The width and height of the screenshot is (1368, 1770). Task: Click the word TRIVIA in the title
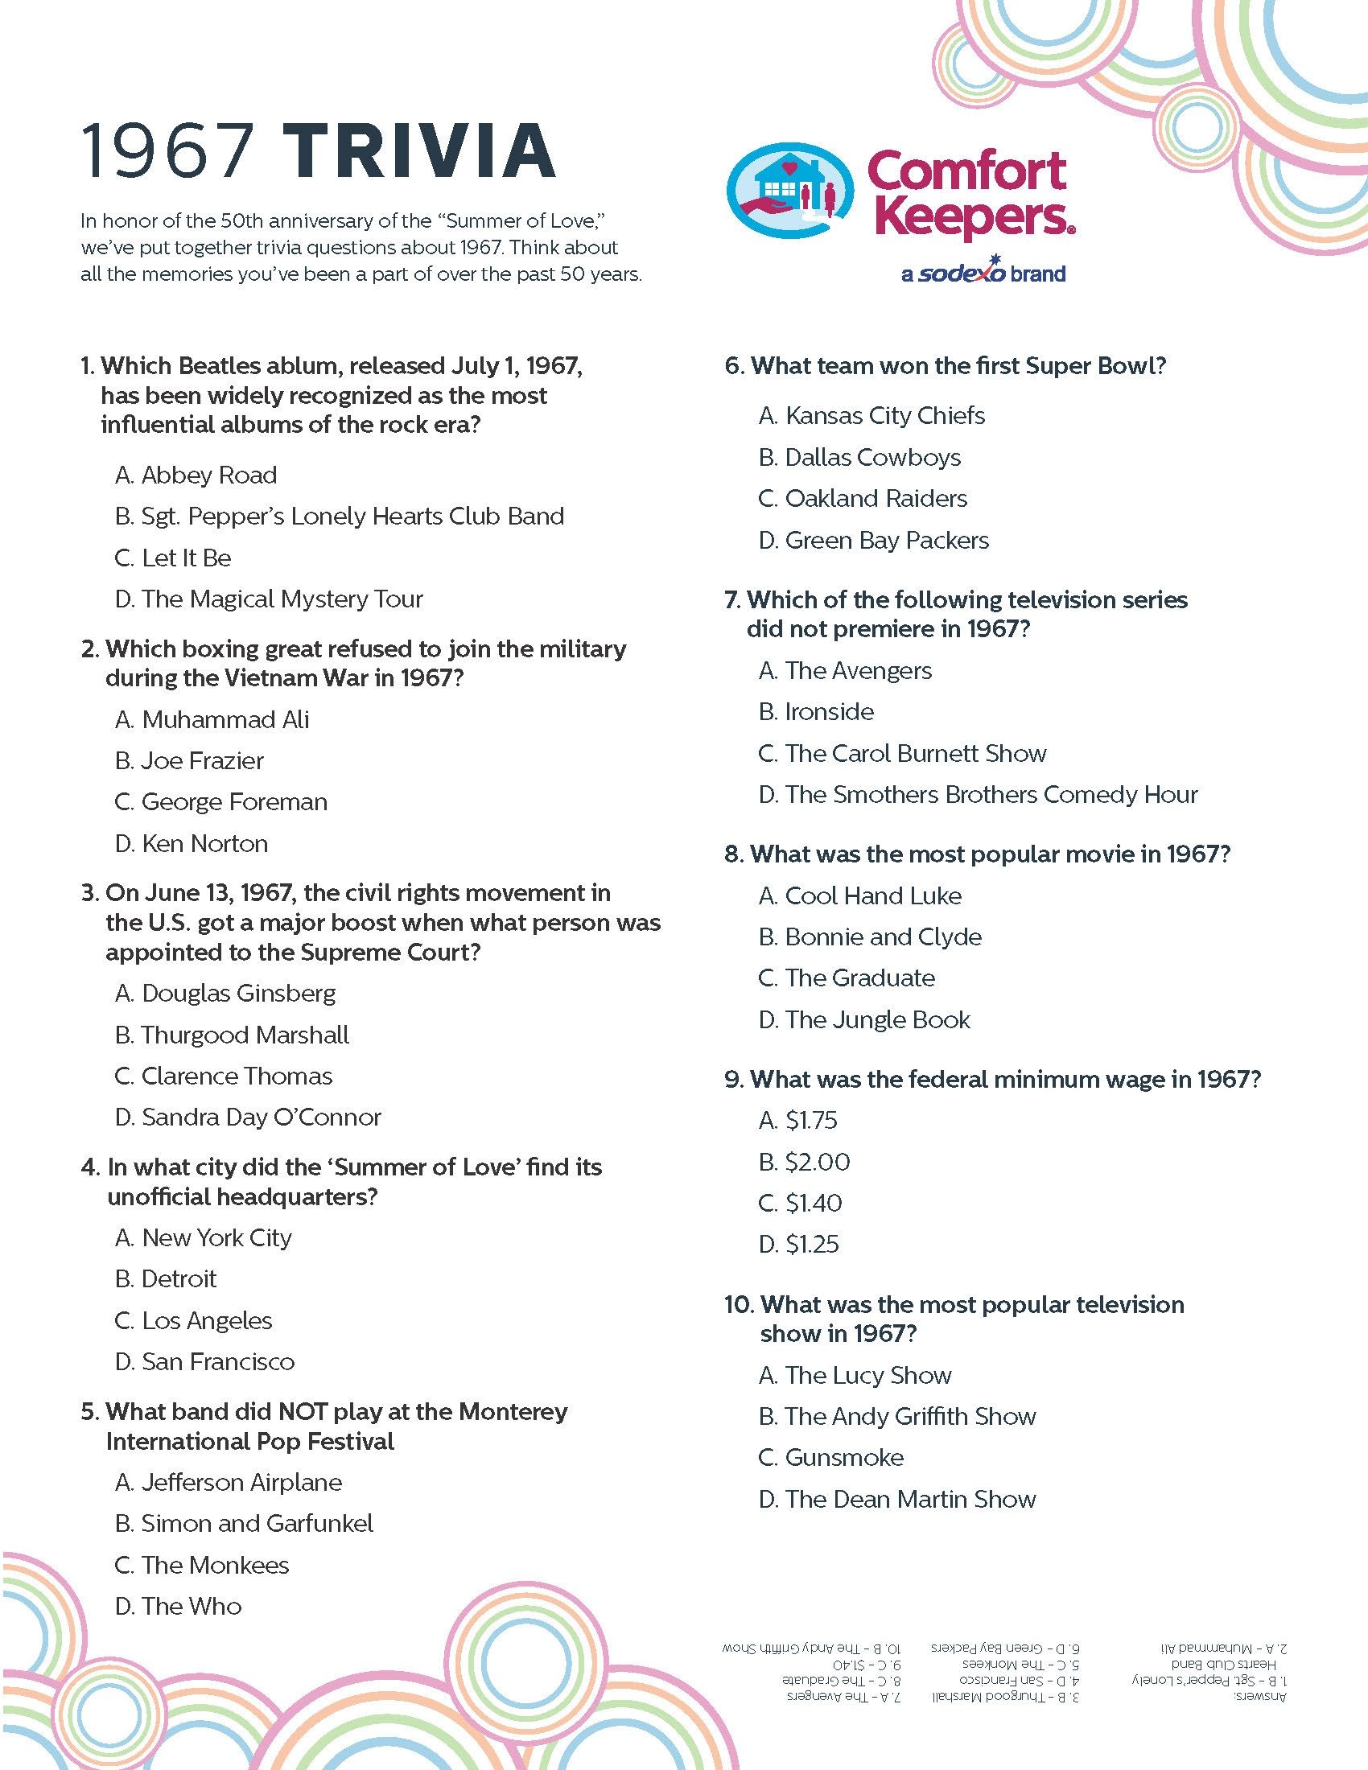point(422,151)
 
